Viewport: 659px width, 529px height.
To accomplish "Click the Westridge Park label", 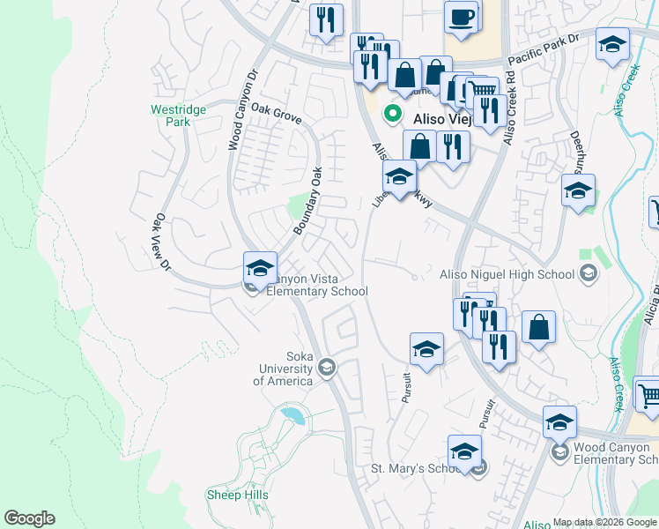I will (x=178, y=115).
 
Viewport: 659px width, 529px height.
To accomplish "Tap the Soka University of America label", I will (x=283, y=369).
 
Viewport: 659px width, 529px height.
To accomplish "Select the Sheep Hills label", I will (x=237, y=495).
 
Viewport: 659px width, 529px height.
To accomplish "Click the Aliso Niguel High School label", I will (x=507, y=275).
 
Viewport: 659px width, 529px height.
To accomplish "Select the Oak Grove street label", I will (x=276, y=114).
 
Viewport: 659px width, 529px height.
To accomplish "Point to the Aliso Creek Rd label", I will (x=508, y=109).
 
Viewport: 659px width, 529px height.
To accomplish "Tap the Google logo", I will (x=29, y=518).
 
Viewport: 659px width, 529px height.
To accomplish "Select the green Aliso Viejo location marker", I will (x=391, y=114).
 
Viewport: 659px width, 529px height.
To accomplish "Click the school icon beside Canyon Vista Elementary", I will (x=261, y=267).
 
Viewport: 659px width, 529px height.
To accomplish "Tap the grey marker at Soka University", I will (x=327, y=367).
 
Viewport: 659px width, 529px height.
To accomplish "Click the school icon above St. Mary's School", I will (x=464, y=451).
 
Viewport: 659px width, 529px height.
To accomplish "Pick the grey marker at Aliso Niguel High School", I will (x=588, y=275).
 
